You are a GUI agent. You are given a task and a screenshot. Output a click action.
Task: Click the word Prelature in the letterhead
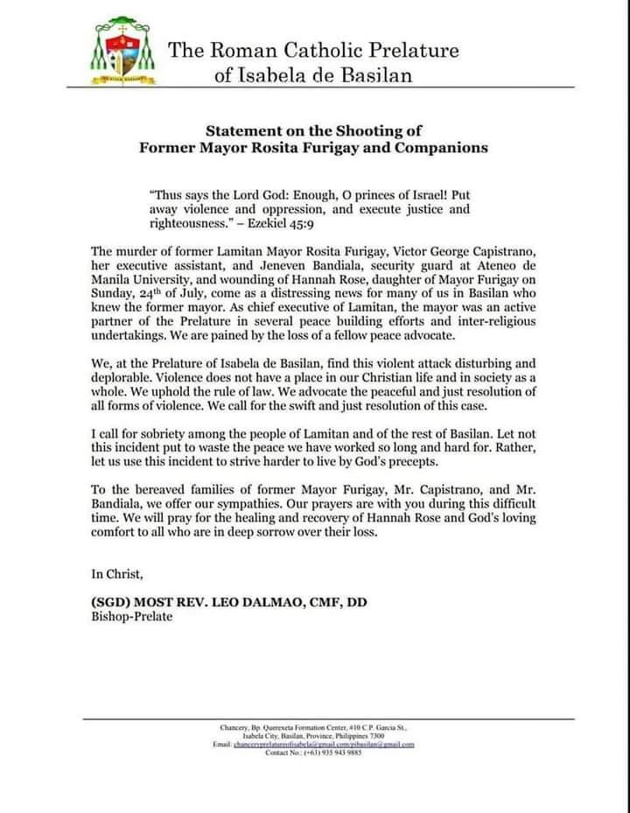[410, 50]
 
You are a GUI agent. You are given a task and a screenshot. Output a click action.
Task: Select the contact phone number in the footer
[344, 753]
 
